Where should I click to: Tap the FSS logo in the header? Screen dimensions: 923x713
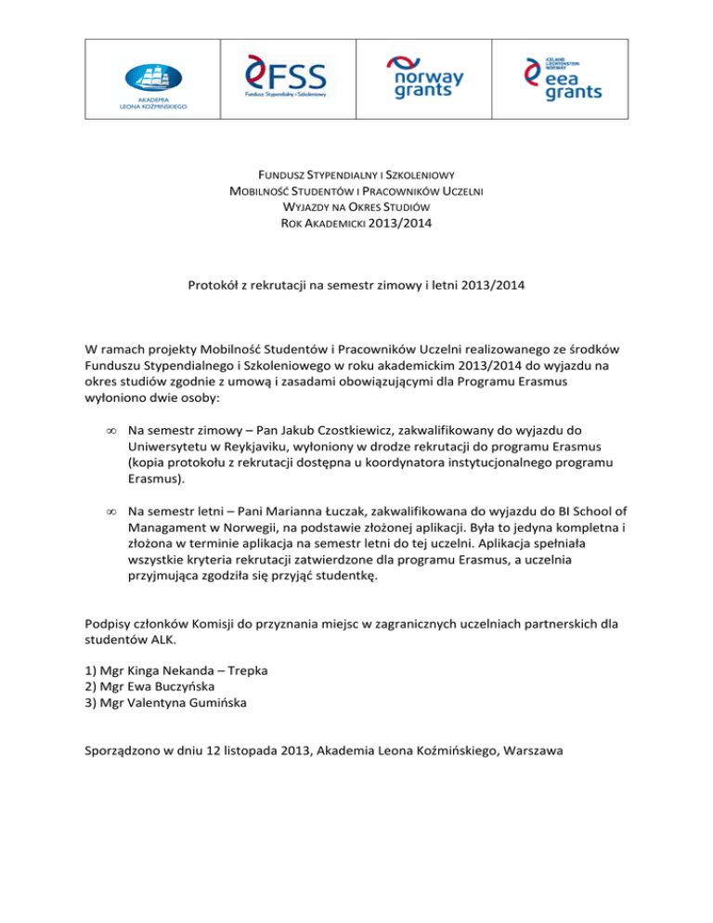287,76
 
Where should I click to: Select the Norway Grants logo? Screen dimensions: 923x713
425,77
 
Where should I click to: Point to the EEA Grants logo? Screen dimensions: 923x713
563,77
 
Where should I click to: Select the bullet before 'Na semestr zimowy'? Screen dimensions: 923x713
110,432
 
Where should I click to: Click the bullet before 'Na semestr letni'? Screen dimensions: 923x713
110,512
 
